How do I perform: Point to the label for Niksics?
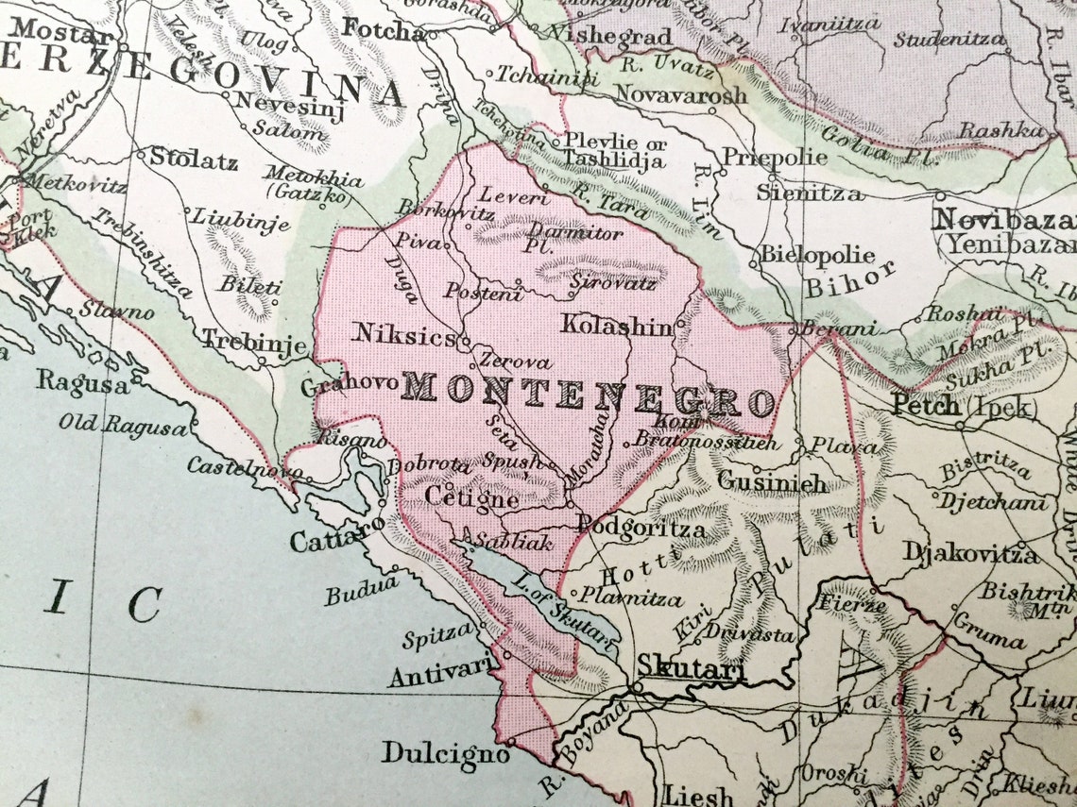[404, 334]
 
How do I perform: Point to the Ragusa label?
[83, 383]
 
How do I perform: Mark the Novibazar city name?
[1003, 221]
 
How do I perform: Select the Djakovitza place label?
[970, 552]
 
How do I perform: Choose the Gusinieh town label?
[772, 482]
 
